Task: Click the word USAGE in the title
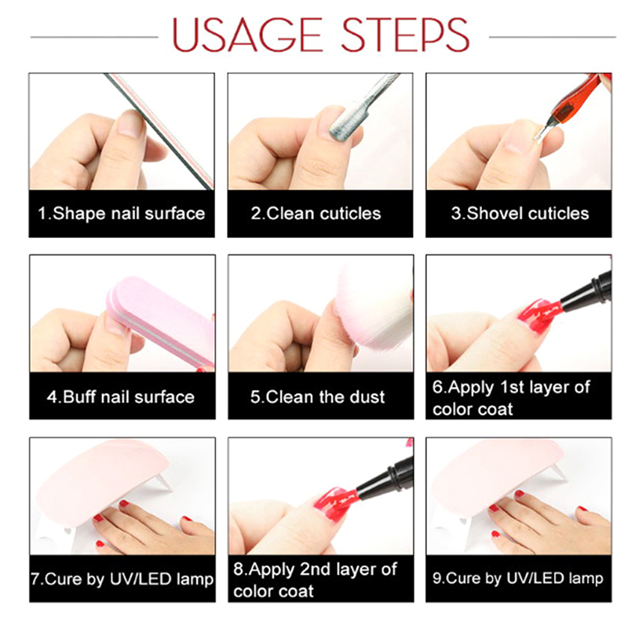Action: click(247, 35)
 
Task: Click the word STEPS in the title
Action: click(405, 35)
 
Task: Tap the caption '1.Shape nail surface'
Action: click(122, 214)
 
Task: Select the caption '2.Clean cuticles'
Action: click(316, 214)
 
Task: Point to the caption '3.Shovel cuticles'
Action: click(520, 214)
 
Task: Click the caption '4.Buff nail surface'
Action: click(121, 397)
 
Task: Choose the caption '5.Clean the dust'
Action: click(318, 397)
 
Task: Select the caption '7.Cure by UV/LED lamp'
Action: click(122, 579)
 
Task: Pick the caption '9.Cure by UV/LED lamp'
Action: click(518, 579)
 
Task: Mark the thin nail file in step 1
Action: click(159, 131)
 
